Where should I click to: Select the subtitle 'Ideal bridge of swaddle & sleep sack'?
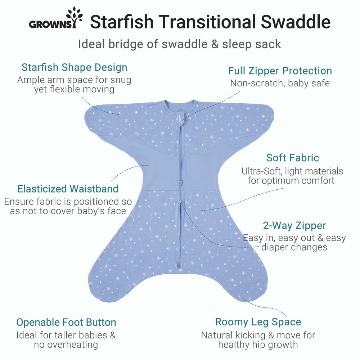(180, 44)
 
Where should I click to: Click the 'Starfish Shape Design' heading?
(74, 67)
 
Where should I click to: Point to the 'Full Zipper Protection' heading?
(280, 71)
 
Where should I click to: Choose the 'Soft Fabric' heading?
(292, 158)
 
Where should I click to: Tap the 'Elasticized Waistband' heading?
(68, 189)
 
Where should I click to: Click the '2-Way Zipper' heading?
(294, 226)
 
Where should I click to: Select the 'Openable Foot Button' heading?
(66, 322)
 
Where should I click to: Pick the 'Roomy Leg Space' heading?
(258, 321)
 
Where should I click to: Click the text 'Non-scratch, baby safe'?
(280, 83)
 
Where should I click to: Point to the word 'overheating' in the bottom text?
(66, 345)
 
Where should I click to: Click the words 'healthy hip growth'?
(258, 345)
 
